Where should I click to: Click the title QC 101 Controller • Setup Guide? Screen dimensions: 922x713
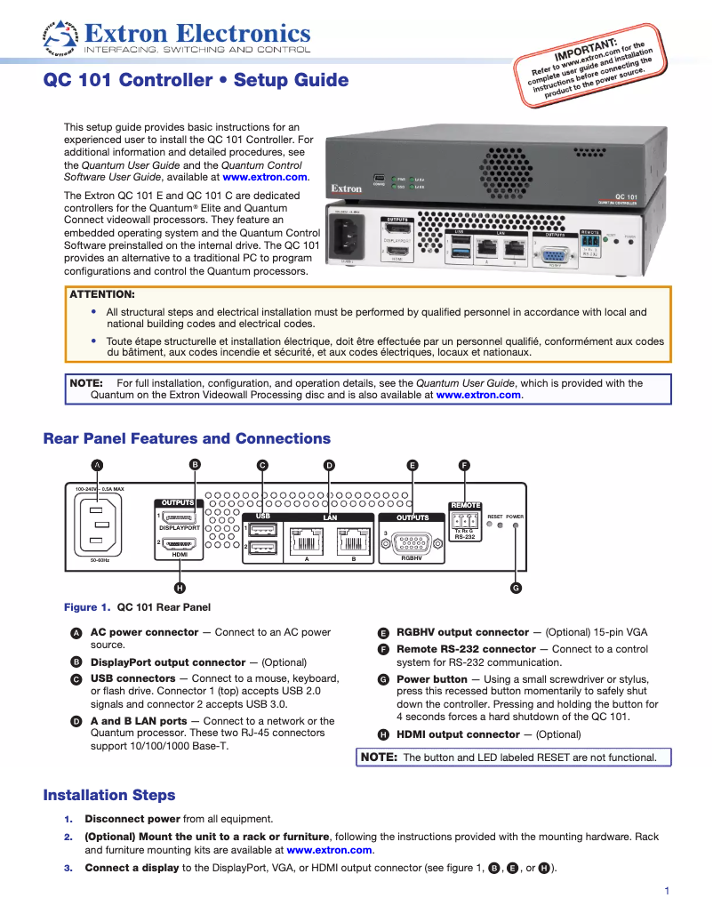[x=196, y=81]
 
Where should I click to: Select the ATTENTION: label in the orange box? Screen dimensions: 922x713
[x=102, y=293]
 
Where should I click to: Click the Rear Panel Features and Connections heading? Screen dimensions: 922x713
[x=187, y=438]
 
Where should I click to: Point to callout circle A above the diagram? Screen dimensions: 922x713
[x=98, y=464]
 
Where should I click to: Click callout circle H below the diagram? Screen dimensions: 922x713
[x=180, y=587]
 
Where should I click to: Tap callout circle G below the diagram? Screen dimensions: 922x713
[x=516, y=588]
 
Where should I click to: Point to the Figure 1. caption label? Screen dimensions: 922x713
[x=86, y=607]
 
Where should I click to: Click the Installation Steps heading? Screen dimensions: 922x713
[x=109, y=795]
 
